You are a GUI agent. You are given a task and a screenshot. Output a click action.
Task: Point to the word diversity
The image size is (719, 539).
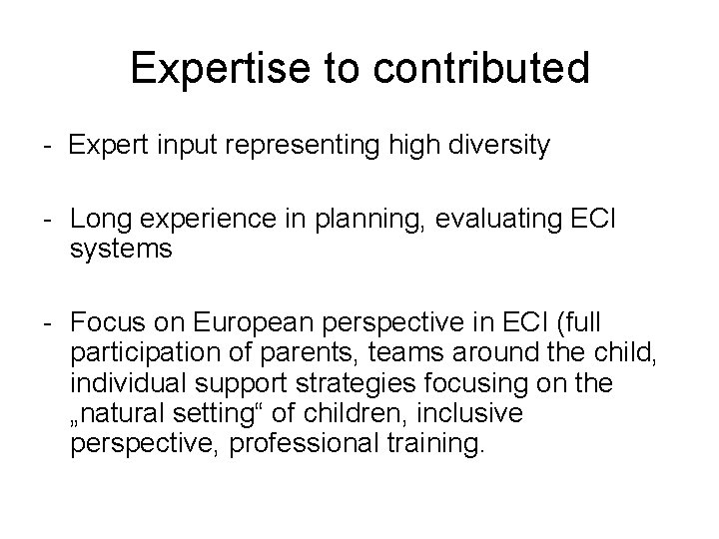pos(498,146)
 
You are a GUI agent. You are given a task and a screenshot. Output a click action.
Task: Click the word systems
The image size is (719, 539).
pos(122,250)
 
